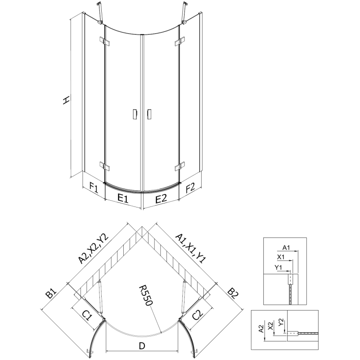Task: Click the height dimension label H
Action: (x=66, y=100)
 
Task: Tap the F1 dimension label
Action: (x=94, y=186)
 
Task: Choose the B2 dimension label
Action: (x=233, y=295)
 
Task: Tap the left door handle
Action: (x=134, y=115)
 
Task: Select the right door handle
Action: (x=149, y=115)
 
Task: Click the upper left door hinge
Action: (x=106, y=42)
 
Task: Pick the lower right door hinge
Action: (x=179, y=166)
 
